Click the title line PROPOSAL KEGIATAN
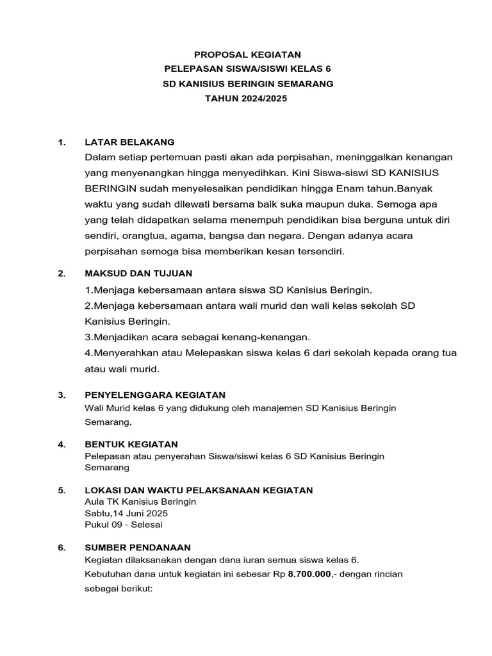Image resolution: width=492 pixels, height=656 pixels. pyautogui.click(x=247, y=54)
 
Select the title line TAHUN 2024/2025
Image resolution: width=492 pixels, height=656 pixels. pyautogui.click(x=247, y=99)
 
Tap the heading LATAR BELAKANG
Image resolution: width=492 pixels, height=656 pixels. pyautogui.click(x=129, y=142)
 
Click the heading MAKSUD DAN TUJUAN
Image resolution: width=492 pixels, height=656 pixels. pyautogui.click(x=138, y=274)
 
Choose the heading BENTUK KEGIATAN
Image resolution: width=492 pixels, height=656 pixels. pyautogui.click(x=131, y=444)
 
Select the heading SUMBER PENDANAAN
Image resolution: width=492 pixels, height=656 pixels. pyautogui.click(x=138, y=547)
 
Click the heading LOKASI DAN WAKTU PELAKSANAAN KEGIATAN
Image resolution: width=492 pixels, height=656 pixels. pyautogui.click(x=199, y=490)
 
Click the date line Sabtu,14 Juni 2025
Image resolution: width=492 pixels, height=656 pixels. pyautogui.click(x=127, y=513)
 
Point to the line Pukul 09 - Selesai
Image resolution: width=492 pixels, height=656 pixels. pyautogui.click(x=124, y=525)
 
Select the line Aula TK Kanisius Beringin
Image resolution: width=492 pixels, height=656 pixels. pyautogui.click(x=140, y=502)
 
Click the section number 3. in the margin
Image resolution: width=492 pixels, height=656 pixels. pyautogui.click(x=61, y=395)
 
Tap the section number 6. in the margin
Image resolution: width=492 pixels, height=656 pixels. pyautogui.click(x=61, y=547)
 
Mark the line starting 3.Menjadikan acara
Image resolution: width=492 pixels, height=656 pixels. pyautogui.click(x=197, y=337)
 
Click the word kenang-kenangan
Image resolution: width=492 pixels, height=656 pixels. pyautogui.click(x=270, y=337)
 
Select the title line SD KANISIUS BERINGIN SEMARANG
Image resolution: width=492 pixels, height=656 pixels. pyautogui.click(x=247, y=84)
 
